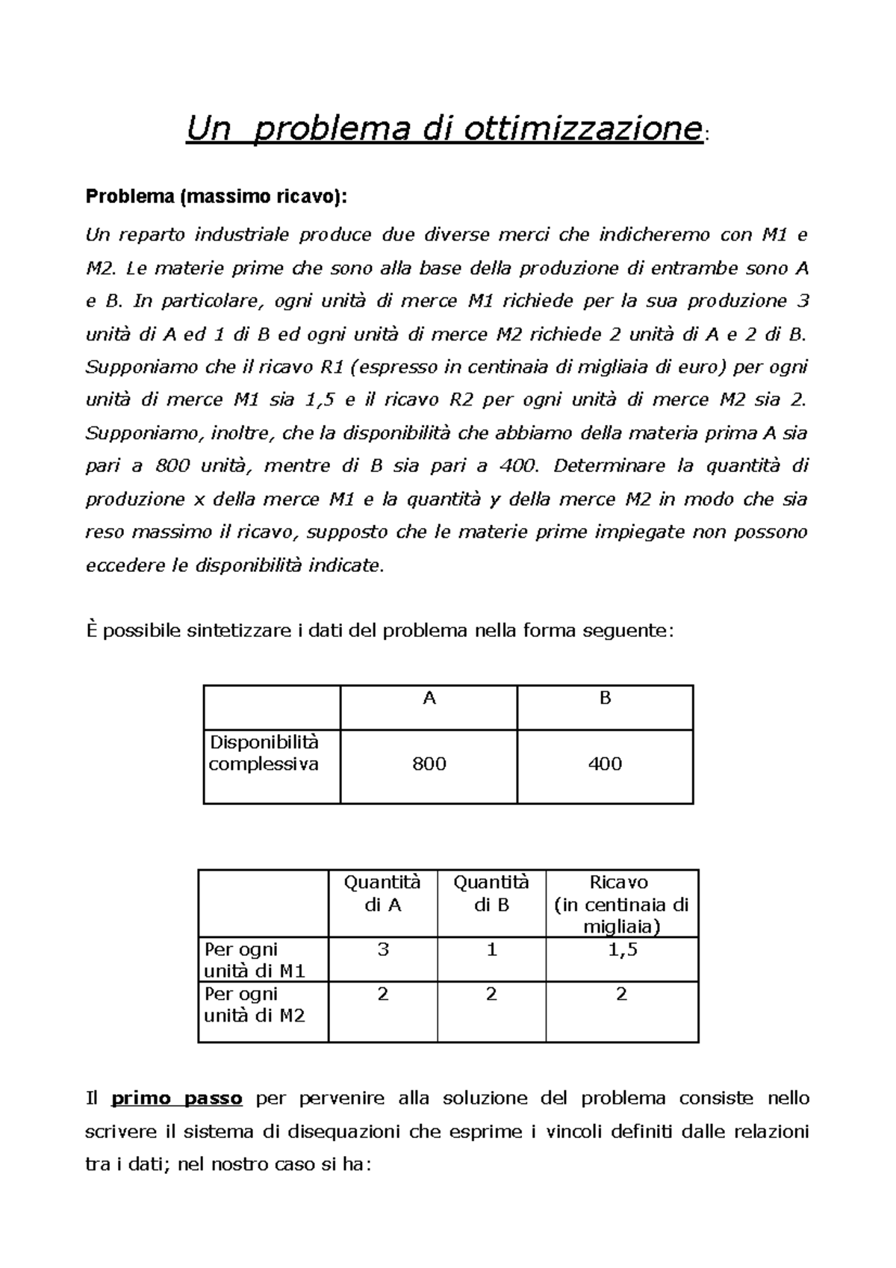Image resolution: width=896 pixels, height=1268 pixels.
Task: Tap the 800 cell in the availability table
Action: (x=429, y=763)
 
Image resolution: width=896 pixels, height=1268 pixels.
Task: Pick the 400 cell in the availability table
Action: (x=605, y=763)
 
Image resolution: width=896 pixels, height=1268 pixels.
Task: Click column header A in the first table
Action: (x=429, y=698)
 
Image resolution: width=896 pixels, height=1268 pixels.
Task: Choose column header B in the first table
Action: (x=606, y=698)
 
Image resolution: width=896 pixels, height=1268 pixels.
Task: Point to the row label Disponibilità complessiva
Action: (x=264, y=753)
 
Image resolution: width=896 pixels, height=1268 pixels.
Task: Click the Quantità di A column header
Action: (x=382, y=893)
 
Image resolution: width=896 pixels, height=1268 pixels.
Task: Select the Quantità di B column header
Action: (x=491, y=893)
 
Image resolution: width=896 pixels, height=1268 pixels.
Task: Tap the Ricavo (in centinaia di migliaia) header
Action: (x=621, y=904)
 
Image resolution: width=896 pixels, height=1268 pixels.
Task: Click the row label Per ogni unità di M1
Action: (x=254, y=960)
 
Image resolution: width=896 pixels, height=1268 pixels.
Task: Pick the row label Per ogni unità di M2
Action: (x=254, y=1004)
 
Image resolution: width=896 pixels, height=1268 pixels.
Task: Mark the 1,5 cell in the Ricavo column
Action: (x=622, y=950)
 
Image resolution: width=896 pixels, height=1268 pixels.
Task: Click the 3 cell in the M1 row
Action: (x=383, y=950)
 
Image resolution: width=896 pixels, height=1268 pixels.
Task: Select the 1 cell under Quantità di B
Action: (x=491, y=950)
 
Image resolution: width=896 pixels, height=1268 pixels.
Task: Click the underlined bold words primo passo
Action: (x=177, y=1098)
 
